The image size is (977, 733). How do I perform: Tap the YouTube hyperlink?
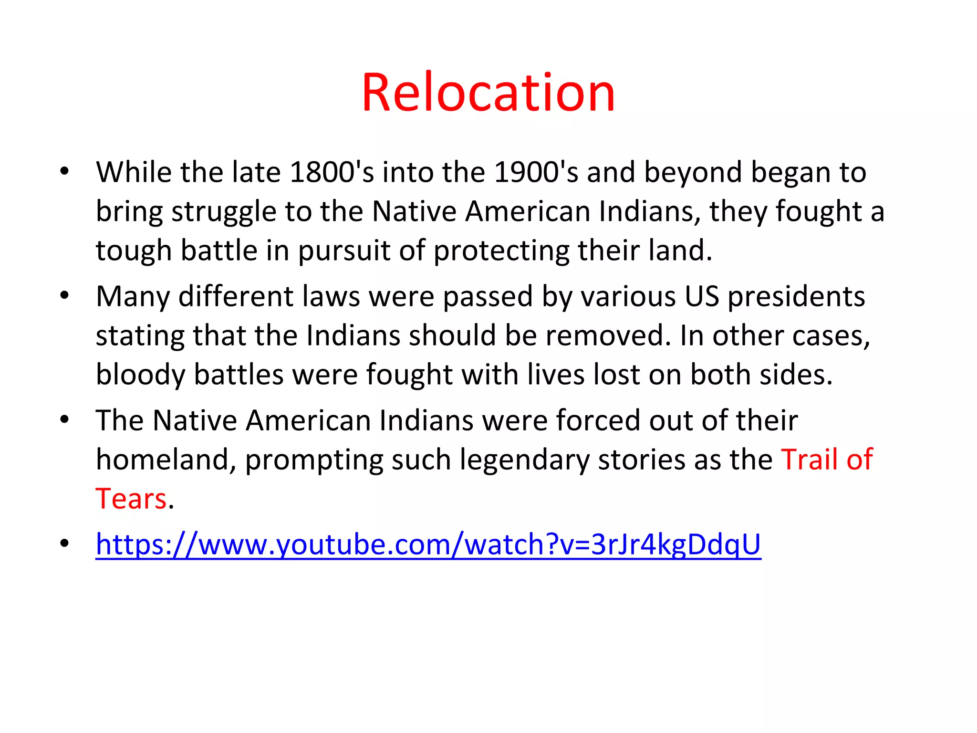pyautogui.click(x=428, y=544)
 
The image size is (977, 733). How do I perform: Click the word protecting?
pyautogui.click(x=501, y=251)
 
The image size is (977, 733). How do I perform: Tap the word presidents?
pyautogui.click(x=796, y=296)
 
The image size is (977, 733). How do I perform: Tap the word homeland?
pyautogui.click(x=166, y=460)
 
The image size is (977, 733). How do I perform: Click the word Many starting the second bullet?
pyautogui.click(x=133, y=296)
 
